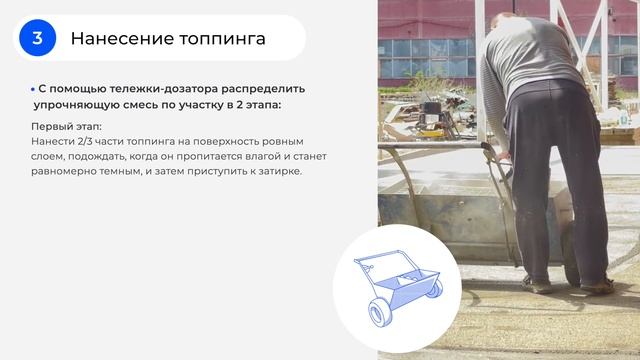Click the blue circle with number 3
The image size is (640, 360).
pyautogui.click(x=37, y=38)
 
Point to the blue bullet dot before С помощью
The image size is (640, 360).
pyautogui.click(x=32, y=89)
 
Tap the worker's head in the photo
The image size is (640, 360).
pyautogui.click(x=511, y=9)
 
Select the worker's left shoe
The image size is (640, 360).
pyautogui.click(x=537, y=285)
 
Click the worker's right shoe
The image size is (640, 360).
pyautogui.click(x=597, y=286)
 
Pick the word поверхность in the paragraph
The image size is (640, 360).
pyautogui.click(x=232, y=142)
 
